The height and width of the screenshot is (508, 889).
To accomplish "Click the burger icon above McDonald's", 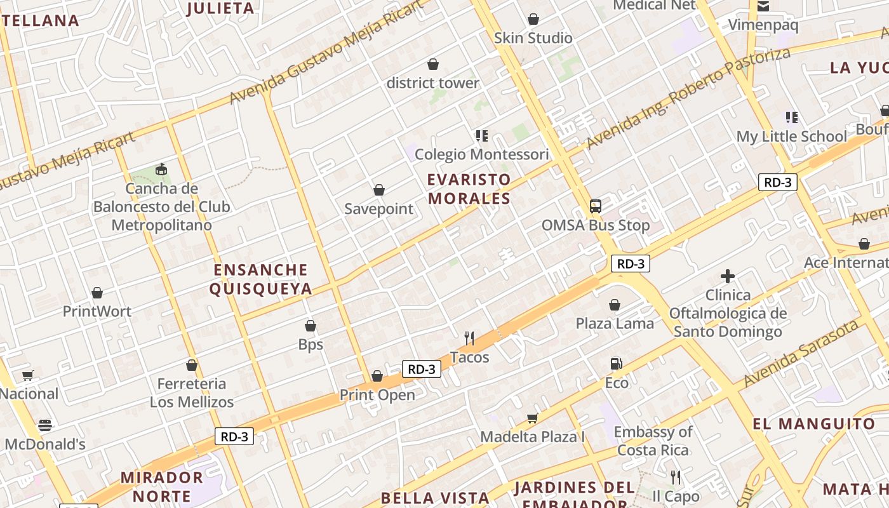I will pos(44,425).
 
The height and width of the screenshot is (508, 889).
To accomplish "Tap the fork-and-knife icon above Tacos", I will pos(469,338).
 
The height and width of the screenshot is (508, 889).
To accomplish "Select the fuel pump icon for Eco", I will pos(616,364).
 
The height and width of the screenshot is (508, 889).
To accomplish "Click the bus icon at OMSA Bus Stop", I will pos(596,206).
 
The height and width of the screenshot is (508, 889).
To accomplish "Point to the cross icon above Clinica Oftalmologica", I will pos(728,276).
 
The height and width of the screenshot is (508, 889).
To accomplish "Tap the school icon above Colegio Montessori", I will pos(481,135).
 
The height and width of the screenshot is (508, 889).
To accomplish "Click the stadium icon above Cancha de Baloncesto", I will pos(161,170).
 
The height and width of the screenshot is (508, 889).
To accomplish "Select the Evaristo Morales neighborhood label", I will pos(469,189).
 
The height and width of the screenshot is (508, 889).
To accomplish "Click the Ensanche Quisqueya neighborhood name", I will pos(261,279).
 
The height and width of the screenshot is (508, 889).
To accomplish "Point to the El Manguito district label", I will pos(814,424).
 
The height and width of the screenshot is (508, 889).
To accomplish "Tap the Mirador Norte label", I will pos(161,486).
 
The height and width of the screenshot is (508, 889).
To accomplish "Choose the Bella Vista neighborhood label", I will pos(435,497).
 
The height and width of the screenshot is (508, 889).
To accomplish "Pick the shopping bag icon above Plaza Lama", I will pos(615,305).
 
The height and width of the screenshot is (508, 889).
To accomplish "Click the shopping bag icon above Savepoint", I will pos(379,190).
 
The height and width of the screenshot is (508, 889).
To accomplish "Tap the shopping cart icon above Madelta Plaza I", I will pos(532,418).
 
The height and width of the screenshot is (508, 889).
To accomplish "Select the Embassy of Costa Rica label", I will pos(653,441).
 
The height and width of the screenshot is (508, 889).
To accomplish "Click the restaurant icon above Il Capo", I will pos(676,477).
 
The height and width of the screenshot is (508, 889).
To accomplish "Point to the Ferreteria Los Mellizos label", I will pos(192,392).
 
